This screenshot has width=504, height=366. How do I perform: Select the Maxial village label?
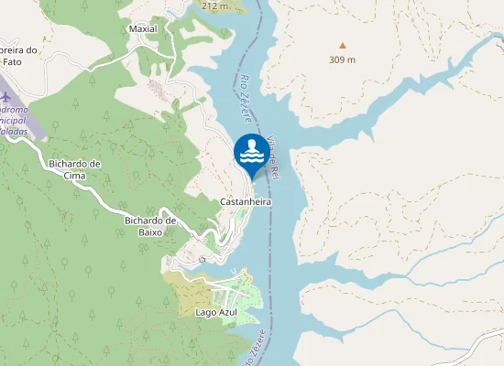143,28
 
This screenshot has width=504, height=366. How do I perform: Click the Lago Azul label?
216,312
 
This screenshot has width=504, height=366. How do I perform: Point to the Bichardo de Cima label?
74,169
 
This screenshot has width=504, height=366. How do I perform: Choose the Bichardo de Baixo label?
149,225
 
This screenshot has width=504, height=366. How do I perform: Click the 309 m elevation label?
343,59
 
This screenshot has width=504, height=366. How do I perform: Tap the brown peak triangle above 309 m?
343,45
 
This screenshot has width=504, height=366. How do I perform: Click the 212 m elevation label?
214,5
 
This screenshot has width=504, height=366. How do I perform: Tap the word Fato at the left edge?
11,61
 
